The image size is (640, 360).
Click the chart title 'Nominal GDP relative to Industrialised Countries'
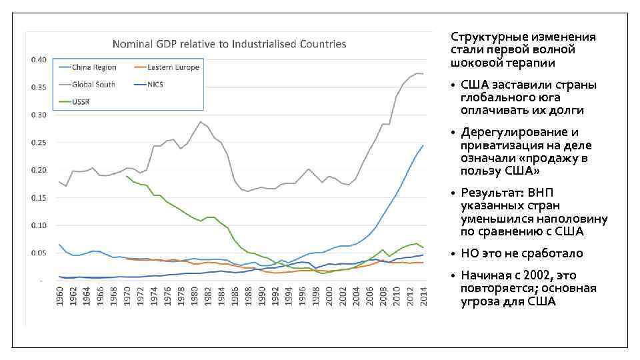[x=229, y=44]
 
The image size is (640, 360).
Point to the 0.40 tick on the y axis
[x=38, y=59]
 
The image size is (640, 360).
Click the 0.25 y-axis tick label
[x=38, y=143]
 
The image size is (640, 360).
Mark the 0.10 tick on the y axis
[x=38, y=225]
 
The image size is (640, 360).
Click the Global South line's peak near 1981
[x=200, y=121]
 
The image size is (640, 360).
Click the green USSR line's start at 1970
[x=126, y=176]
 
